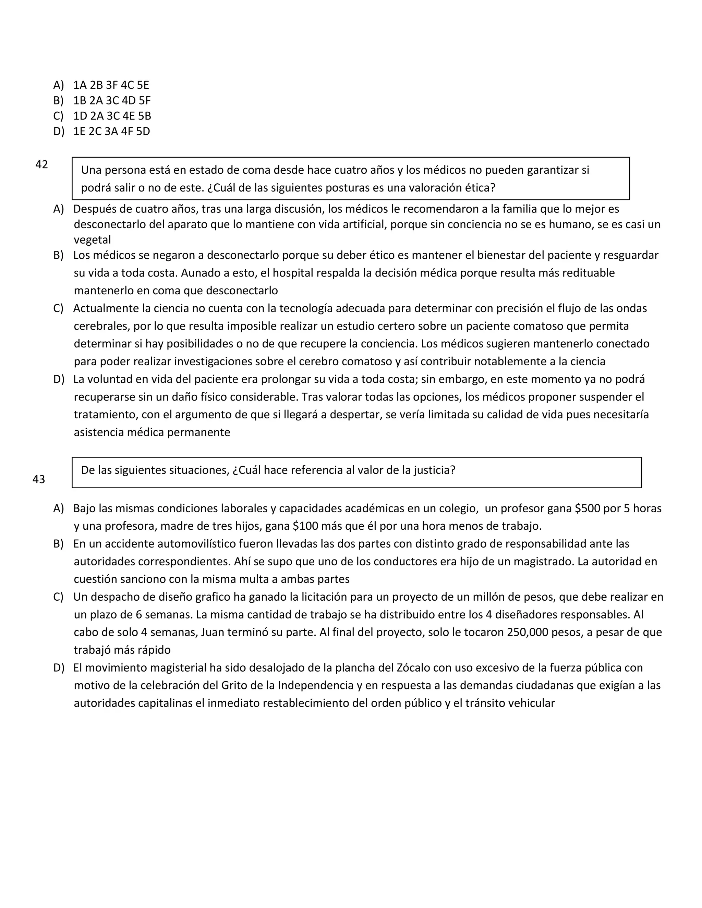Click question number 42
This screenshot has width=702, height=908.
[x=41, y=164]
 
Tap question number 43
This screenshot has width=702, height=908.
[x=39, y=479]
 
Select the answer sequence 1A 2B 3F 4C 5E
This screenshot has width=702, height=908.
[x=111, y=85]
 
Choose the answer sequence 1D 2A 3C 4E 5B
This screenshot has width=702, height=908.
[x=112, y=116]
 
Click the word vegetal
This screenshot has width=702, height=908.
[x=92, y=240]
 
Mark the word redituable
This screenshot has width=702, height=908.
[x=582, y=273]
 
